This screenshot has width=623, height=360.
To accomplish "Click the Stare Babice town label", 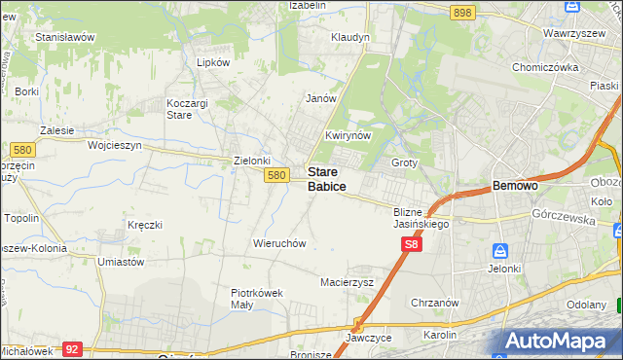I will click(328, 178).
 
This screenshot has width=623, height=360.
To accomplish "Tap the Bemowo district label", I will click(516, 185).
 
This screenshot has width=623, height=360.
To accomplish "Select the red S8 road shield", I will click(413, 250).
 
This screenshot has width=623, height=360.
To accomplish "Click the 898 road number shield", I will click(462, 12).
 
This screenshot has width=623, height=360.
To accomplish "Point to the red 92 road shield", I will click(71, 347).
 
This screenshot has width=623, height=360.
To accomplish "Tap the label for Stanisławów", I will click(64, 37).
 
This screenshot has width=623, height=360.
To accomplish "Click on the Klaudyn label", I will click(350, 37).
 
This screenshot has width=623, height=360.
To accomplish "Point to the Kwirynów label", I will click(348, 135).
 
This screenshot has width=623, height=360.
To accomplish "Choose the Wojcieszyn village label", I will click(115, 145).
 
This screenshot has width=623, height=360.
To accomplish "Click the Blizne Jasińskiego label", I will click(420, 218).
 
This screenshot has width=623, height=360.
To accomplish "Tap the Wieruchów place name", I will click(280, 243).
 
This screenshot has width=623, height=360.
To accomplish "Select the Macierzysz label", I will click(348, 282).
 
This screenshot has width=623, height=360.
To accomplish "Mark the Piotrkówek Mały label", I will click(256, 298).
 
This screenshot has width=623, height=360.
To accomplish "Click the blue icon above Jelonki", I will click(500, 250).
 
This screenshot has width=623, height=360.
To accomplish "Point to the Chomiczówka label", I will click(546, 67).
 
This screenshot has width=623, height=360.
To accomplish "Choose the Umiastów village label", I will click(121, 262).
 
